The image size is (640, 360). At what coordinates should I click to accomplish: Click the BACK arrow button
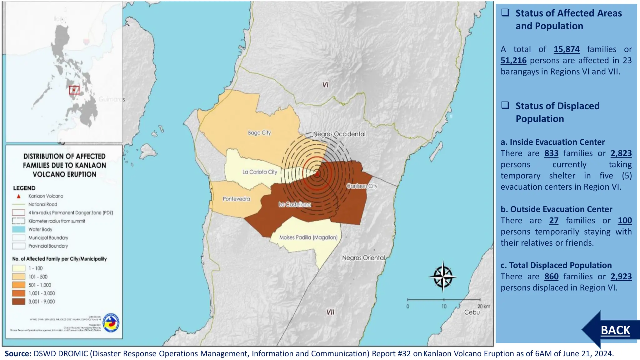tap(612, 330)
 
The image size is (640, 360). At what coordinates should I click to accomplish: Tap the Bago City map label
tap(259, 133)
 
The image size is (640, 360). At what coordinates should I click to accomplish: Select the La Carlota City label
tap(260, 172)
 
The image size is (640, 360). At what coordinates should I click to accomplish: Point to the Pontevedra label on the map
tap(236, 199)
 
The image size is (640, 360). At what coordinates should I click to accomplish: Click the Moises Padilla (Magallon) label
tap(308, 237)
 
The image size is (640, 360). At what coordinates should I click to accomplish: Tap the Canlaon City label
tap(362, 186)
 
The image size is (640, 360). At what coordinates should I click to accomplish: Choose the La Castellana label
tap(295, 205)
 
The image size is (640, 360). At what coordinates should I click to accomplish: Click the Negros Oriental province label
tap(363, 258)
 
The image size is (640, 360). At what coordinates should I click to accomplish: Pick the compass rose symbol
tap(442, 277)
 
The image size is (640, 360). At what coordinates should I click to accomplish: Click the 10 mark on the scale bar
tap(444, 306)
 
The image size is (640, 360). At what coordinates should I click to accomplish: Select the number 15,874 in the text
tap(567, 49)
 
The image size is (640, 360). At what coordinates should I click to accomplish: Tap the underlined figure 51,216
tap(513, 61)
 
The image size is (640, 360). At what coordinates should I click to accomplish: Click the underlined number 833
tap(551, 153)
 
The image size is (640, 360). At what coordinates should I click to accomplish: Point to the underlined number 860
tap(551, 277)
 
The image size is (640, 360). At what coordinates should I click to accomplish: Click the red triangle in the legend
tap(19, 196)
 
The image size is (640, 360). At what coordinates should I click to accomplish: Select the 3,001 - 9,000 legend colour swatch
tap(18, 302)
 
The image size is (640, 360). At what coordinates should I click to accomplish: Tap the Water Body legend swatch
tap(18, 229)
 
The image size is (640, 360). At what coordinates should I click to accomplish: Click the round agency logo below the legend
tap(111, 322)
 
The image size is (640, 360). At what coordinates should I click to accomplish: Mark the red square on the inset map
tap(74, 90)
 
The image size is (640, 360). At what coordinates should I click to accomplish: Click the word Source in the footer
tap(17, 354)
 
